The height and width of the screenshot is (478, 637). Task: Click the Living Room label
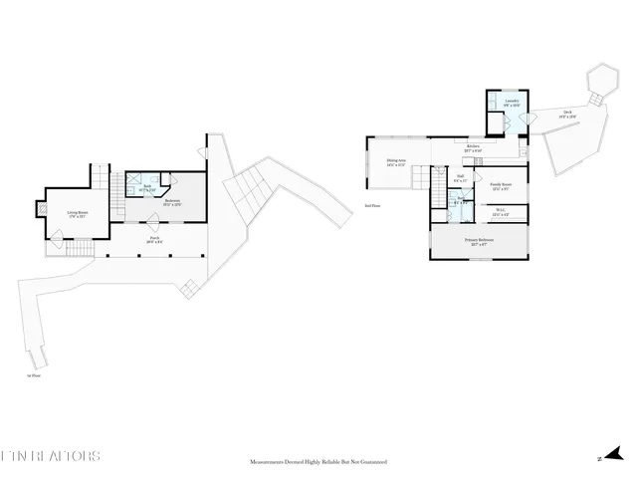click(x=78, y=213)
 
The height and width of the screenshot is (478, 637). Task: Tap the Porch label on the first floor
click(x=154, y=240)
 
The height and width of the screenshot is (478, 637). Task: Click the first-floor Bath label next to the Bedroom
click(x=145, y=187)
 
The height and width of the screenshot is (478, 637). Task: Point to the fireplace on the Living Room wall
click(x=42, y=209)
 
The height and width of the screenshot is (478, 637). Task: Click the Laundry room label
click(x=511, y=103)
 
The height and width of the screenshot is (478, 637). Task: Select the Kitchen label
click(x=474, y=148)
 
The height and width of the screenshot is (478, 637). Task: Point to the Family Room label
click(x=501, y=186)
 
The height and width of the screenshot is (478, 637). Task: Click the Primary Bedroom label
click(x=479, y=242)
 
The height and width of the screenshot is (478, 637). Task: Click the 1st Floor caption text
click(x=34, y=375)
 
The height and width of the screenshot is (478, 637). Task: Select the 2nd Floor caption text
click(x=372, y=206)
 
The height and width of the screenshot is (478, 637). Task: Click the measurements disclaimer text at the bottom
click(x=318, y=462)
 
